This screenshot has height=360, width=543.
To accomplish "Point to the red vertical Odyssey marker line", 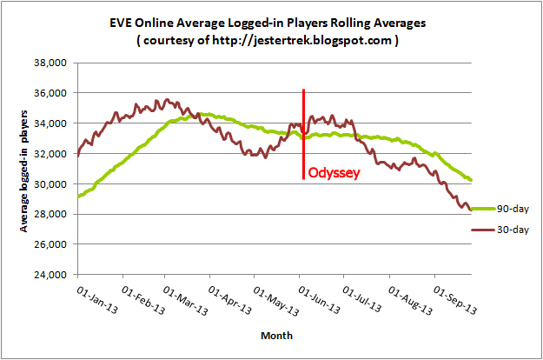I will (303, 130).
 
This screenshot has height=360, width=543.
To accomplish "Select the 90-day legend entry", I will (511, 209).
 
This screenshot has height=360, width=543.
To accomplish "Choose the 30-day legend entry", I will (511, 230).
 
